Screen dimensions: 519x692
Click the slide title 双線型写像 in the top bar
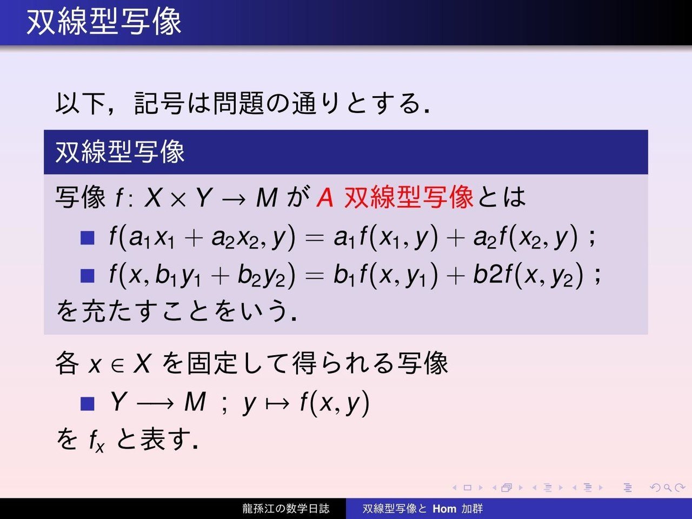[x=104, y=22]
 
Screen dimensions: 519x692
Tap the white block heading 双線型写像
[x=120, y=152]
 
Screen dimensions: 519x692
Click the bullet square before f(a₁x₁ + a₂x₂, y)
[x=87, y=237]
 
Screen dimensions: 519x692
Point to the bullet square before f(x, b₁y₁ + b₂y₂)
[x=87, y=276]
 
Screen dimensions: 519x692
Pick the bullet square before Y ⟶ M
[x=87, y=403]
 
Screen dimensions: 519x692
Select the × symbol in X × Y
[x=179, y=198]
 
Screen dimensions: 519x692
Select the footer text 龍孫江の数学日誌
[x=285, y=508]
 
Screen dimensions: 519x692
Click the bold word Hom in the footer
[x=444, y=508]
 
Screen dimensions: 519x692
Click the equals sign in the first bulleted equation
[x=314, y=238]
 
